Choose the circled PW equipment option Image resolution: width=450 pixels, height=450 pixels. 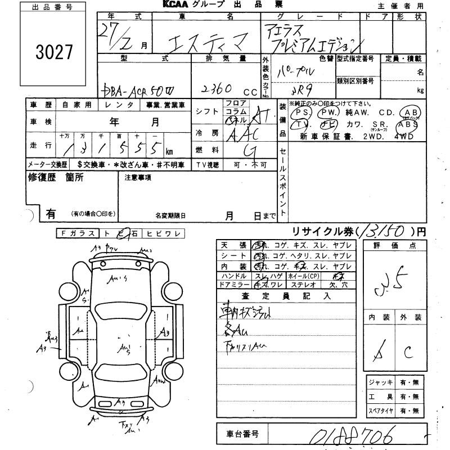coord(326,111)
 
